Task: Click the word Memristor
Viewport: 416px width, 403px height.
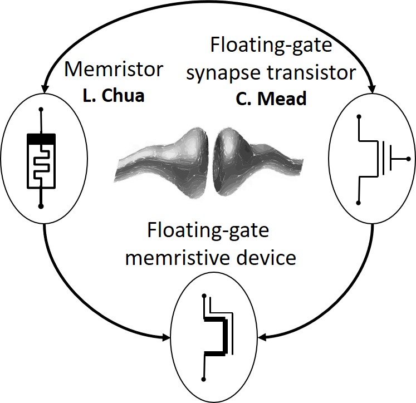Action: point(114,70)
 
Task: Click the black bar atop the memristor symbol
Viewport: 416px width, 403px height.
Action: point(41,137)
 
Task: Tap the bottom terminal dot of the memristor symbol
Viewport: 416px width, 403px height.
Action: point(41,206)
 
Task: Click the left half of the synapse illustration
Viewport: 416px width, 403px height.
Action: point(161,154)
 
